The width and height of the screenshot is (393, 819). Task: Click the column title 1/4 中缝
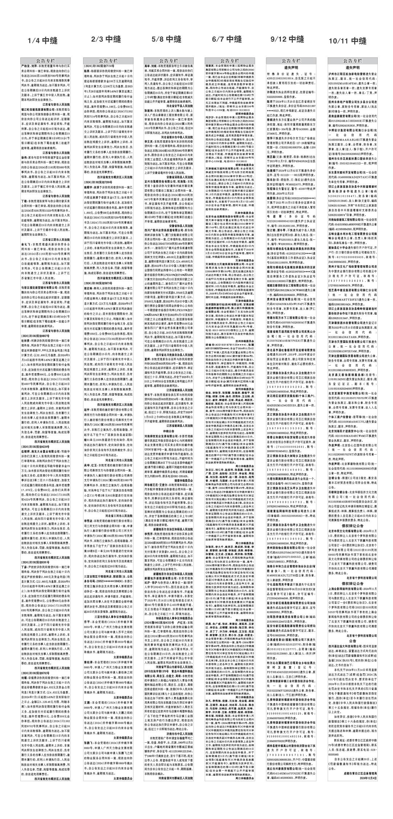pyautogui.click(x=46, y=41)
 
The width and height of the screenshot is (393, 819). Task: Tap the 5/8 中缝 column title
pyautogui.click(x=167, y=39)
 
